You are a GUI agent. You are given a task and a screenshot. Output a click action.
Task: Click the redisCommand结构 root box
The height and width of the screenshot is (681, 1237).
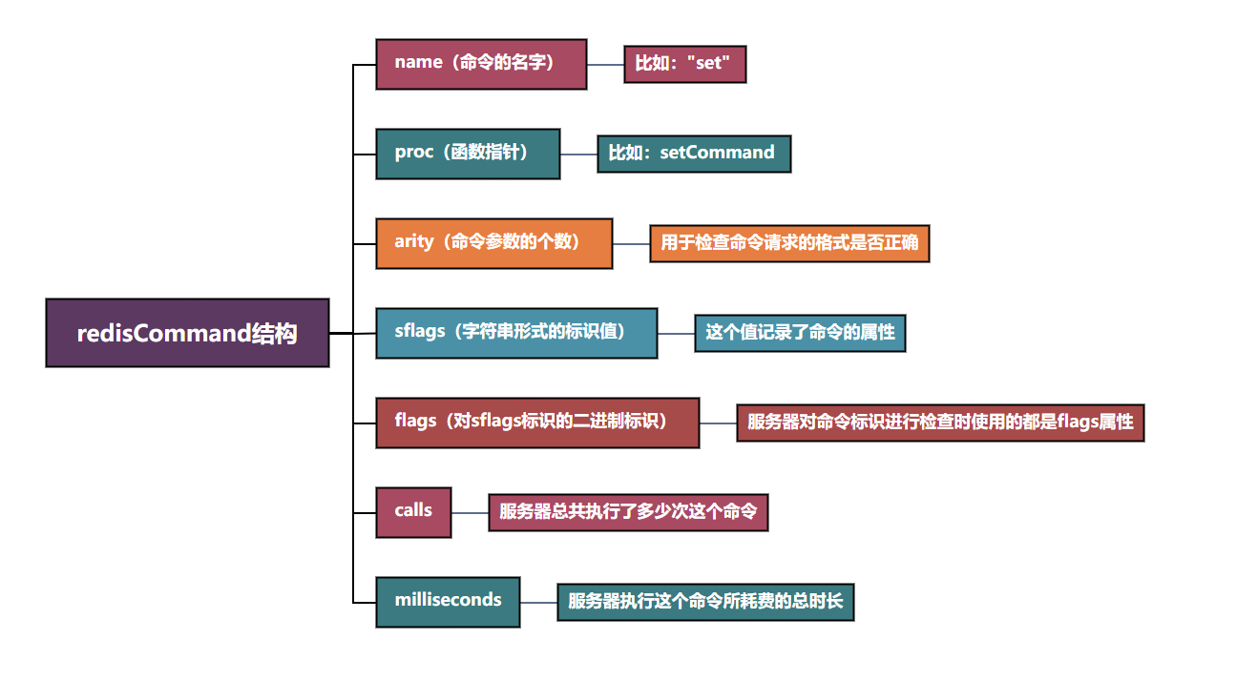point(187,333)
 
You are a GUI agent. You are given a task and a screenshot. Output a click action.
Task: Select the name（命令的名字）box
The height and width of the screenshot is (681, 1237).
point(481,64)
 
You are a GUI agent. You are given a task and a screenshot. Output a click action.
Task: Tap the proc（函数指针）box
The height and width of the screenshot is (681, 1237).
point(468,154)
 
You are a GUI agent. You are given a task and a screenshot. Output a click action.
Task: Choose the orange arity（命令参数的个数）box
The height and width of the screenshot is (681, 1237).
point(493,243)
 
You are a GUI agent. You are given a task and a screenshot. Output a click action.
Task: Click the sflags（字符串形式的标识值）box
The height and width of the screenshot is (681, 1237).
point(516,333)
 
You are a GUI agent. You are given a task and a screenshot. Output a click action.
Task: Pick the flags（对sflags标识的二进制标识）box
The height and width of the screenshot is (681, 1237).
point(537,423)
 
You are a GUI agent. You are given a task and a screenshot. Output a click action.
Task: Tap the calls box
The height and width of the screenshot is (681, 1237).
point(413,512)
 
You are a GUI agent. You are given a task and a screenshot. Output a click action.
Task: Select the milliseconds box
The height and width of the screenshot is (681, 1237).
point(448,602)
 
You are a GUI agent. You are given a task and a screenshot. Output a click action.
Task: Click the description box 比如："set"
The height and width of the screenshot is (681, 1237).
point(684,65)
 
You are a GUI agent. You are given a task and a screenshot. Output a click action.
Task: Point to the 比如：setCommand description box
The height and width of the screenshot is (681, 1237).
point(694,154)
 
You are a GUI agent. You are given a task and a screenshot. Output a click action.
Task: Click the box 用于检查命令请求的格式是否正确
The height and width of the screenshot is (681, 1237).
point(789,243)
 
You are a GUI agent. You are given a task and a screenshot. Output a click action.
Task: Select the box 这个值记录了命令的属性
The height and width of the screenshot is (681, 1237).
point(800,333)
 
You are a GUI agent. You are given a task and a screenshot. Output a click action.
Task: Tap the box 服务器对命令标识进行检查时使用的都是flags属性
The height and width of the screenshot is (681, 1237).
point(940,422)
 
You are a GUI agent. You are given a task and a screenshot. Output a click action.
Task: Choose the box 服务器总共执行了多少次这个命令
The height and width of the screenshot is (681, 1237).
point(628,512)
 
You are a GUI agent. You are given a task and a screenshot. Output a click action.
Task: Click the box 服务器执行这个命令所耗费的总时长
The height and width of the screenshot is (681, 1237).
point(705,602)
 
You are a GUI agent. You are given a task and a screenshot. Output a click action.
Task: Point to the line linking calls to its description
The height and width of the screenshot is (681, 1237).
point(470,513)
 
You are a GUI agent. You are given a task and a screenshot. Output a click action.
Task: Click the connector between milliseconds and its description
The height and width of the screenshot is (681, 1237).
point(538,603)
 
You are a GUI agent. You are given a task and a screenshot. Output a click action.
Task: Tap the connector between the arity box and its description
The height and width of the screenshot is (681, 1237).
point(631,244)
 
